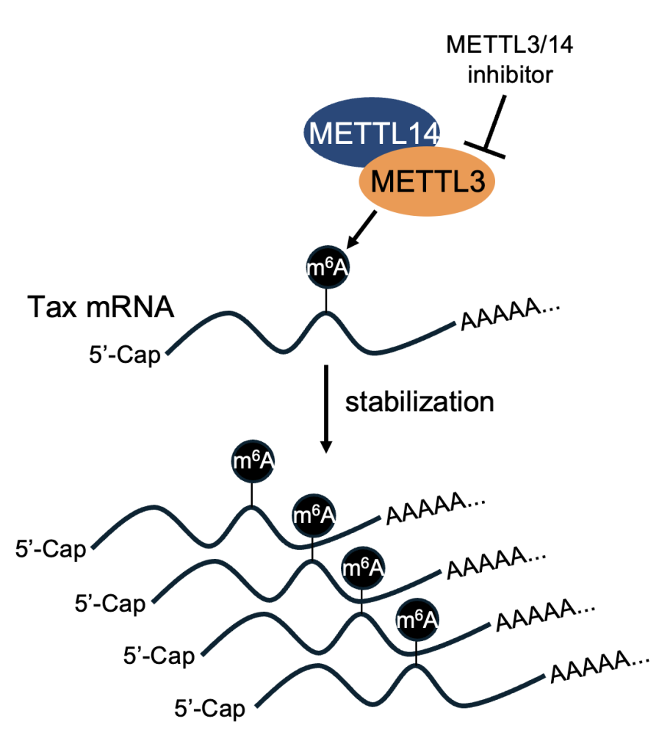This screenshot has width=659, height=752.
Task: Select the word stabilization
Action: (x=419, y=402)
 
